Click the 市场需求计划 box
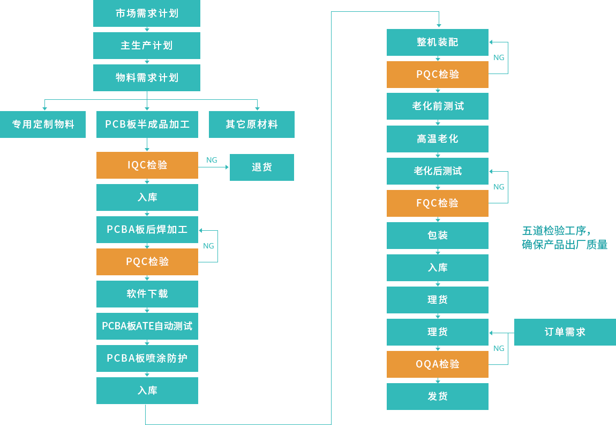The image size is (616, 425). pos(147,13)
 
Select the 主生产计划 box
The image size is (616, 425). pos(147,46)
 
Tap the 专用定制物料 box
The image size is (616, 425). pos(43,124)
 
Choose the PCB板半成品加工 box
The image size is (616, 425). pos(147,124)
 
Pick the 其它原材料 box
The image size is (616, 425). pos(252,124)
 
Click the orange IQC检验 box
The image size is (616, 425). pos(147,165)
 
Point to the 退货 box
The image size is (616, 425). pos(262,167)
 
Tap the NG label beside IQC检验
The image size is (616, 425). pos(212,160)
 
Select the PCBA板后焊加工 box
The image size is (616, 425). pos(147,230)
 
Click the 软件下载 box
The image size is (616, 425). pos(147,294)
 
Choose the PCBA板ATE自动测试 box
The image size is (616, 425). pos(147,326)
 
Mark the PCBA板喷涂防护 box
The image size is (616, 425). pos(147,358)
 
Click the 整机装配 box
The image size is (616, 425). pos(438,42)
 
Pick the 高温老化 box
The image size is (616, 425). pos(438,139)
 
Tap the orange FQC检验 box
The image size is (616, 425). pos(438,203)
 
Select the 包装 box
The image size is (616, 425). pos(438,236)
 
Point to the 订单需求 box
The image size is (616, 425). pos(565,332)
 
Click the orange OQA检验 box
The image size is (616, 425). pos(438,364)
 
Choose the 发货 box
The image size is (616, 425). pos(438,397)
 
